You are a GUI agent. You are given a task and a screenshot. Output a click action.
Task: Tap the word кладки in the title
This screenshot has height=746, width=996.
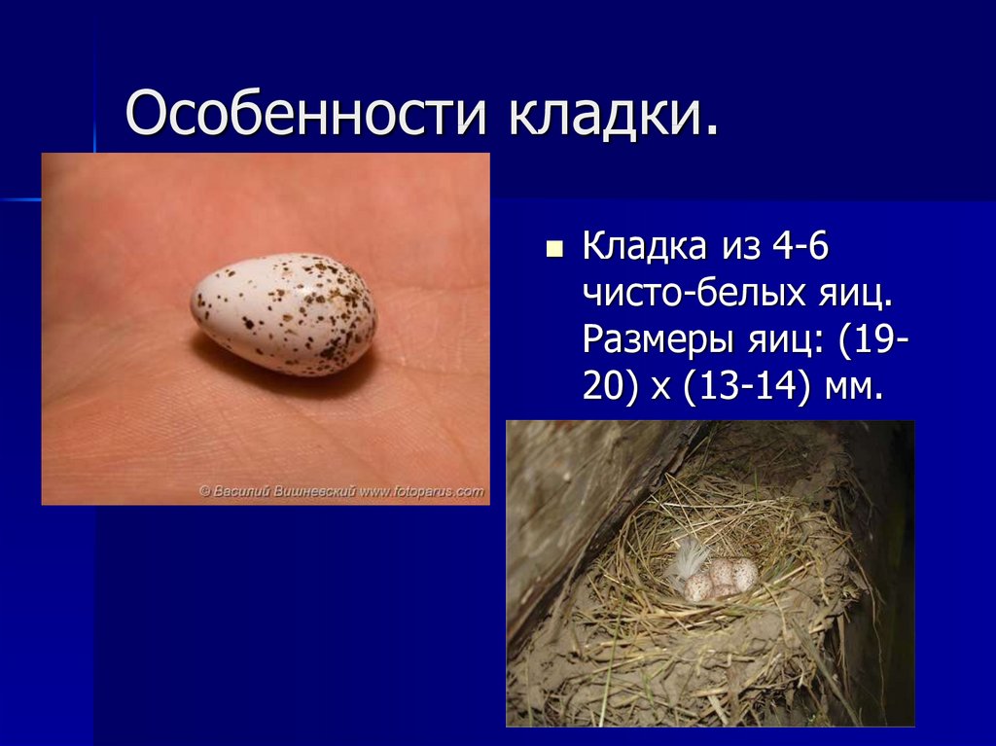tap(611, 115)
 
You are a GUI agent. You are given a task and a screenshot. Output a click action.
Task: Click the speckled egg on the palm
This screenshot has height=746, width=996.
tap(283, 314)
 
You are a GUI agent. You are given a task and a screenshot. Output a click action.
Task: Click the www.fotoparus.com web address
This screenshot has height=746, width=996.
tap(421, 492)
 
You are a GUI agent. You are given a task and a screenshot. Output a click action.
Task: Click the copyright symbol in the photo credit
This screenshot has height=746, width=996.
tap(205, 492)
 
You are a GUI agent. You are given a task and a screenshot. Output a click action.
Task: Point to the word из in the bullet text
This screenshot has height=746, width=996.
tap(739, 247)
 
